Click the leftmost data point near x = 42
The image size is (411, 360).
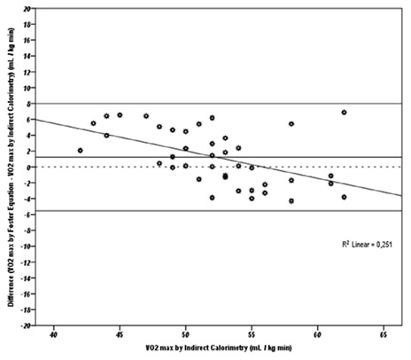click(x=80, y=151)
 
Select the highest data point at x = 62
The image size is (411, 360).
click(x=344, y=113)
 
